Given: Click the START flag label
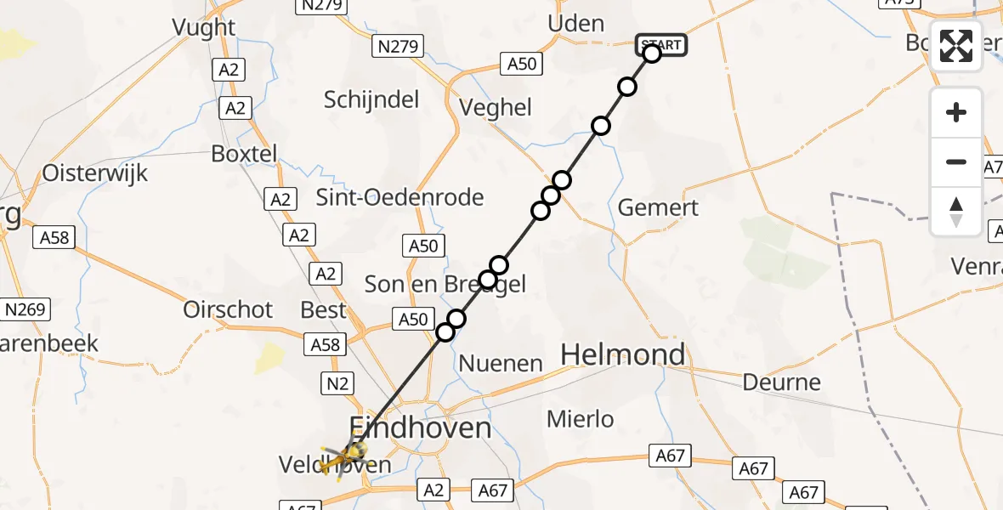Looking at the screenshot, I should tap(660, 44).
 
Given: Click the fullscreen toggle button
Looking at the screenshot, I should tap(956, 46).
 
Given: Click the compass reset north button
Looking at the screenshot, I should tap(956, 211).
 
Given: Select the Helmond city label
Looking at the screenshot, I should tap(623, 354).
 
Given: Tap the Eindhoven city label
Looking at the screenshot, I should tap(421, 427).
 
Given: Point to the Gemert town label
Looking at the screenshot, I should tap(658, 207).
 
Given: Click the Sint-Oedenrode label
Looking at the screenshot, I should tap(399, 197).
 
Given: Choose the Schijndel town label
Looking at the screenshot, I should tap(371, 99).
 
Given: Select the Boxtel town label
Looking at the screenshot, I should tap(244, 155).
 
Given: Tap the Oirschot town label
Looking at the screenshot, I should tap(228, 309).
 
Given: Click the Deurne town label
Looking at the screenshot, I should tap(782, 382).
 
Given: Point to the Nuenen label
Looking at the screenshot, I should tap(501, 364).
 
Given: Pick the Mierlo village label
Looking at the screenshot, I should tap(581, 418).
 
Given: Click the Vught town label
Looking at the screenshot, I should tap(203, 27).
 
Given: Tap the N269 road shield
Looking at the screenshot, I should tap(27, 309).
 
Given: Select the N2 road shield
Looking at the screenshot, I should tap(337, 383).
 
